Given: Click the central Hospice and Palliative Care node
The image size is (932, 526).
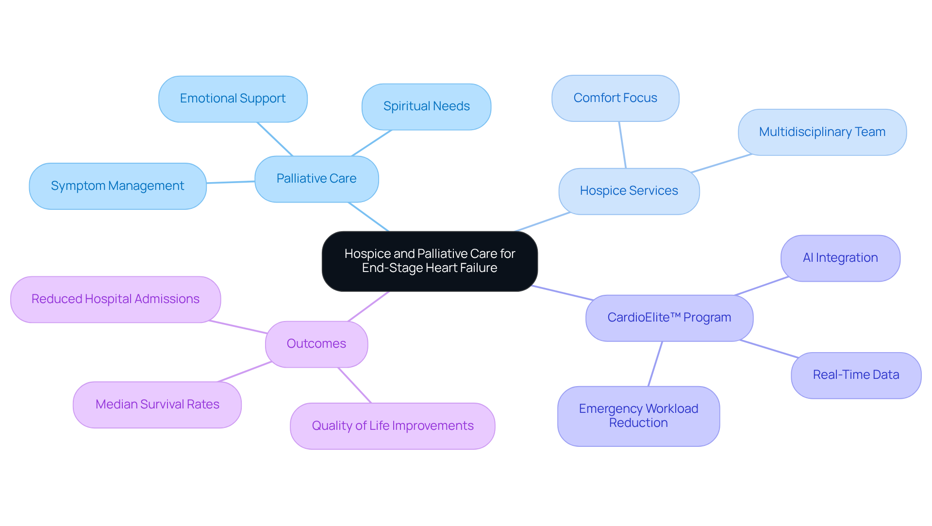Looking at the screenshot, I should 430,261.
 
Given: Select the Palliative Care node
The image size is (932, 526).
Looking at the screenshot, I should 316,179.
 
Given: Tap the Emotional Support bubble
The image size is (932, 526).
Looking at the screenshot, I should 233,99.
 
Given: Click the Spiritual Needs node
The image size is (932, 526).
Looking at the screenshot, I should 426,106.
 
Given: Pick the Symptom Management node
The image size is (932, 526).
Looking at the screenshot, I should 117,186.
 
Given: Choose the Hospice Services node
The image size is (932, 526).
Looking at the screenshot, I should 629,191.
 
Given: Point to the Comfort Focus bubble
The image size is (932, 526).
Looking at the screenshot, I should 615,98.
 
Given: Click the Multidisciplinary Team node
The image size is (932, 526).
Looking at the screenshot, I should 822,132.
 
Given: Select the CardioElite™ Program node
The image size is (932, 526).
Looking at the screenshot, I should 669,318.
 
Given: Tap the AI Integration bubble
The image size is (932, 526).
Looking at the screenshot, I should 840,258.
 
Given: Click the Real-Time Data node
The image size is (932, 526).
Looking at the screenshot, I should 855,375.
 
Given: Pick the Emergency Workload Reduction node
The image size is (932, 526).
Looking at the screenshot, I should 638,416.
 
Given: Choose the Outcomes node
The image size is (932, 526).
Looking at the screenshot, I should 316,344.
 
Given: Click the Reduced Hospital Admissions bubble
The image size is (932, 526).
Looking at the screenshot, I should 116,299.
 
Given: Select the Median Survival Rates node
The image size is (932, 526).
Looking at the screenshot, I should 157,405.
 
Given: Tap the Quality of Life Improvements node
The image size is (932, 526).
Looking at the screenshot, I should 392,426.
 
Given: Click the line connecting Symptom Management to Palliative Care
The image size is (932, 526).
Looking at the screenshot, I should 231,182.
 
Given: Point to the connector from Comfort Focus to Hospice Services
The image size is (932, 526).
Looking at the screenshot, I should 622,145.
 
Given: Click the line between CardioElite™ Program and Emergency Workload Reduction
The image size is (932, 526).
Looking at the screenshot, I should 655,364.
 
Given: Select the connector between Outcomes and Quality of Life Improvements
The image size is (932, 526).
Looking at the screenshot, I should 354,385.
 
